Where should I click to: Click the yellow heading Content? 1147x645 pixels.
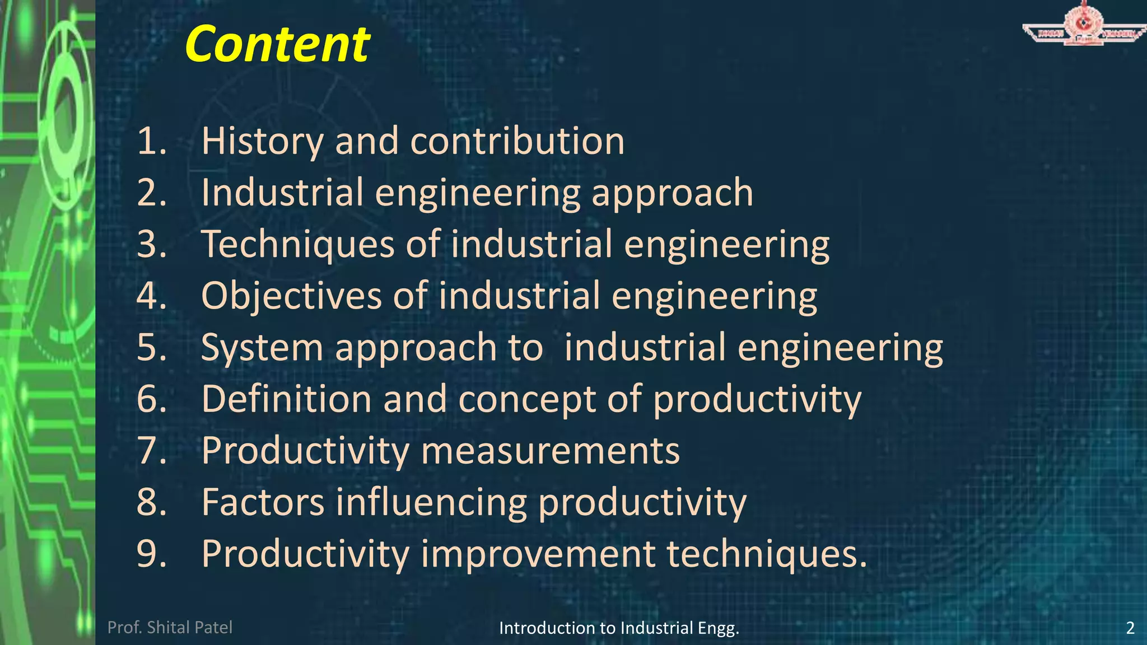point(277,45)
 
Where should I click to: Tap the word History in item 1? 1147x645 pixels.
point(262,141)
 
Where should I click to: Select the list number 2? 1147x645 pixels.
point(152,193)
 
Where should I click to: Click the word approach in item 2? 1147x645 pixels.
point(672,194)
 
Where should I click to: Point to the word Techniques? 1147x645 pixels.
point(298,245)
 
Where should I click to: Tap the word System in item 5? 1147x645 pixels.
point(262,348)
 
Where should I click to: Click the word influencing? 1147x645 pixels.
point(431,503)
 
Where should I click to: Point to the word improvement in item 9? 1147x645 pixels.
point(538,554)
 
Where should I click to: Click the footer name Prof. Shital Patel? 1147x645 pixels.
point(170,628)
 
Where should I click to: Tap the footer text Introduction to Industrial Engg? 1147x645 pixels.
point(619,628)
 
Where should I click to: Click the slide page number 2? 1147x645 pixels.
point(1130,628)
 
